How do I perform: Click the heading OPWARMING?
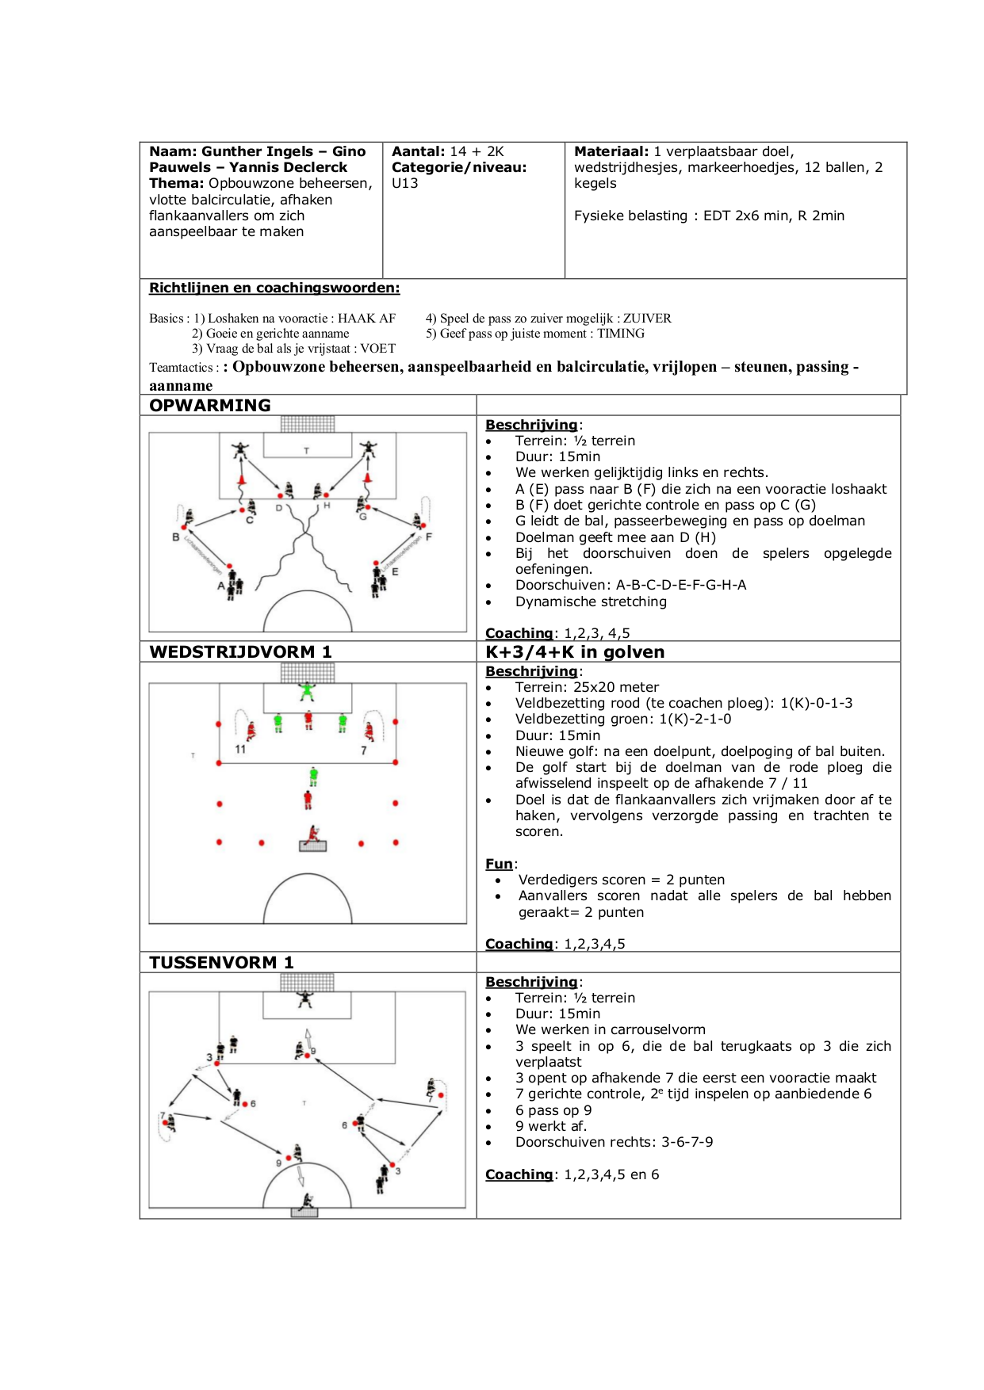pyautogui.click(x=210, y=406)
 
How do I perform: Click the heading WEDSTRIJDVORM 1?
pyautogui.click(x=240, y=652)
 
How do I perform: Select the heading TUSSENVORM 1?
pyautogui.click(x=221, y=963)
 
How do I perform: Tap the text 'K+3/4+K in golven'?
pyautogui.click(x=575, y=652)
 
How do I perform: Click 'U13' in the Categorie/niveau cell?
pyautogui.click(x=404, y=184)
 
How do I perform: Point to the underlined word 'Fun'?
pyautogui.click(x=499, y=864)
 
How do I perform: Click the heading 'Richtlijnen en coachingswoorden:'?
pyautogui.click(x=274, y=288)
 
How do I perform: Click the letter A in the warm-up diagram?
pyautogui.click(x=221, y=586)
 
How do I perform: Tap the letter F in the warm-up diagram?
pyautogui.click(x=429, y=537)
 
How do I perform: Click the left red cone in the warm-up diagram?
pyautogui.click(x=241, y=479)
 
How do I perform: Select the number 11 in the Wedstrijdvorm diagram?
pyautogui.click(x=240, y=749)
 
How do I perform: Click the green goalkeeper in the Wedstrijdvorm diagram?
pyautogui.click(x=307, y=692)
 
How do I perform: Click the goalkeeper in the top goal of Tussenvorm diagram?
pyautogui.click(x=305, y=999)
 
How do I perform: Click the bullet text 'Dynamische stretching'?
pyautogui.click(x=591, y=601)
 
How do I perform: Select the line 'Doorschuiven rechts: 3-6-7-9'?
pyautogui.click(x=614, y=1142)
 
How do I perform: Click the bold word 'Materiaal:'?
pyautogui.click(x=611, y=151)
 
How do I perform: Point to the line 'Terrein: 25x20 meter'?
pyautogui.click(x=587, y=687)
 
